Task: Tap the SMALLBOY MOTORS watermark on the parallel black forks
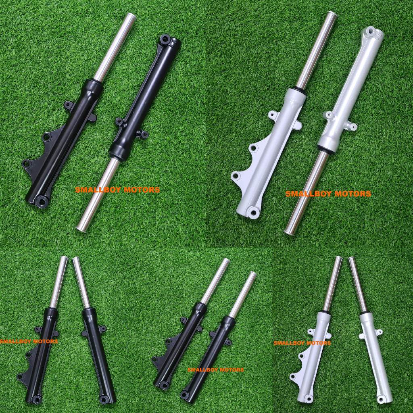pos(215,369)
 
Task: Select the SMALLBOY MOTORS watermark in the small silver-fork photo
pos(302,343)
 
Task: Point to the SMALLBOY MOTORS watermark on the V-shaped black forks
pos(29,341)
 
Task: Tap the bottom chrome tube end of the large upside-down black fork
pos(81,228)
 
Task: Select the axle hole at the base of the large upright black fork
pos(41,200)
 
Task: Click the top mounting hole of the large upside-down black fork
pos(164,39)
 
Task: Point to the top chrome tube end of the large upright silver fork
pos(332,15)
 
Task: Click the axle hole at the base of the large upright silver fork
pos(254,211)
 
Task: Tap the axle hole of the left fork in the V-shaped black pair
pos(37,400)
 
